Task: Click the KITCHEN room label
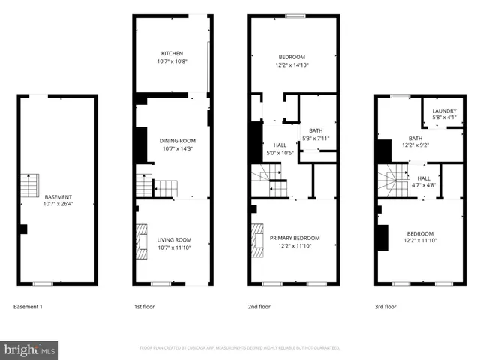172,53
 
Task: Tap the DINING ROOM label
177,141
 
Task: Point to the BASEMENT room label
58,196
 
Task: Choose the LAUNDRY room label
444,109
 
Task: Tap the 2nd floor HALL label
280,145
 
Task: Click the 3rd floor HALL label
424,178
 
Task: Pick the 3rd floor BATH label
415,138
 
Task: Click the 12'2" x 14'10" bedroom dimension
292,65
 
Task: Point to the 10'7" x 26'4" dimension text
58,203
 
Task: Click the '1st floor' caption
145,307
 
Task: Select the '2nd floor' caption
260,307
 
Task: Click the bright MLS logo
29,349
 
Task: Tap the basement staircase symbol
28,184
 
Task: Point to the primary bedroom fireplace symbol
258,241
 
